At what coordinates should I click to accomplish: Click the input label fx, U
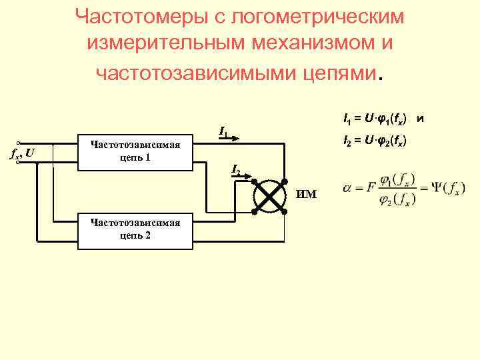pyautogui.click(x=23, y=155)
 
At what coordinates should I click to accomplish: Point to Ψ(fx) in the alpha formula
pyautogui.click(x=437, y=189)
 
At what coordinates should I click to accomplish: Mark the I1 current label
pyautogui.click(x=223, y=132)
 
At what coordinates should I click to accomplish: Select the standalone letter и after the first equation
pyautogui.click(x=419, y=120)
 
